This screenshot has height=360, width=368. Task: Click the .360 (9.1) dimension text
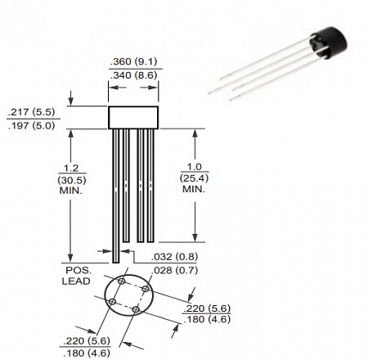(x=133, y=61)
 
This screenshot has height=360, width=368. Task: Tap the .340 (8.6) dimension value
(x=133, y=75)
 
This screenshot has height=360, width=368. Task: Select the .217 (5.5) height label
(x=31, y=112)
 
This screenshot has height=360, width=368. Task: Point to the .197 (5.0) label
(x=31, y=126)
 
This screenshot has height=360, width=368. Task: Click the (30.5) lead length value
(x=72, y=180)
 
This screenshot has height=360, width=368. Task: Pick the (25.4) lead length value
(x=194, y=178)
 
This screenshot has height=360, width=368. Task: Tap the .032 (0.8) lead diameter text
(x=174, y=257)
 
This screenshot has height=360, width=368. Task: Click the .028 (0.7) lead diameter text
(x=174, y=270)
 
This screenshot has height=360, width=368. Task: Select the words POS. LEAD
(x=76, y=276)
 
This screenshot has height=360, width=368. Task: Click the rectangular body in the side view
(x=133, y=118)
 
